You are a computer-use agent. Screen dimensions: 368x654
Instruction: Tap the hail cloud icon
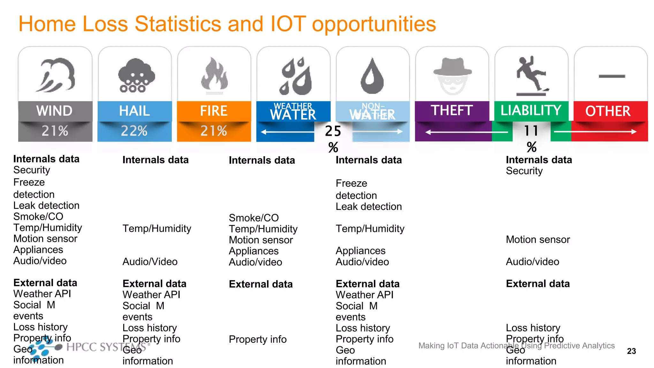tap(136, 75)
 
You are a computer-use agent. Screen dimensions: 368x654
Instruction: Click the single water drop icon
tap(372, 76)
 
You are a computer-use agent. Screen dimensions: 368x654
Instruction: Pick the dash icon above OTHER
tap(612, 76)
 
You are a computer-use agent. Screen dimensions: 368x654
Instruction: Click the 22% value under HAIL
tap(134, 131)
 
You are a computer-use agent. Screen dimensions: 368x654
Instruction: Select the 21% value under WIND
tap(55, 131)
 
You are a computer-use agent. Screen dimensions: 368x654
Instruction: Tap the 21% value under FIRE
tap(214, 131)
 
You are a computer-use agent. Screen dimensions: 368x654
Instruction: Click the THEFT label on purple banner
tap(452, 111)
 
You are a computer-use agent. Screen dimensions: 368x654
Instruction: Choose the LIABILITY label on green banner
tap(531, 111)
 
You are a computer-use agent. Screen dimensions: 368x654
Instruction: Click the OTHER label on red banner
tap(608, 111)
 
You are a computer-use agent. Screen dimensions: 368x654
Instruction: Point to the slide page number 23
tap(631, 351)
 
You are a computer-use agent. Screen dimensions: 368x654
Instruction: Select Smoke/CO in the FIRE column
tap(254, 218)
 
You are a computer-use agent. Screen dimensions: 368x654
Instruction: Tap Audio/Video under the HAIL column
tap(150, 262)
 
